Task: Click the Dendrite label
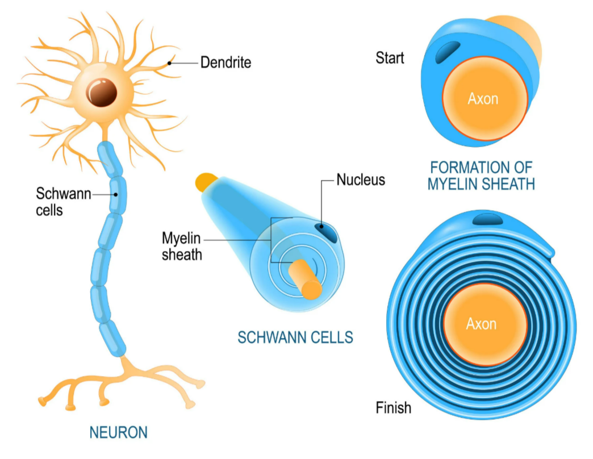coord(225,62)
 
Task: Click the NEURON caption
coord(118,432)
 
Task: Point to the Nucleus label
coord(361,180)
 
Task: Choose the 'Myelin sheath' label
coord(182,245)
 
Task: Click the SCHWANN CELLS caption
coord(295,337)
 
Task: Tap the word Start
coord(390,57)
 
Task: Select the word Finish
coord(394,407)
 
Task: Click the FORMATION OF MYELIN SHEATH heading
coord(482,176)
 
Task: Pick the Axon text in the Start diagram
coord(483,99)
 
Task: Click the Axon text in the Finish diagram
coord(481,324)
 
